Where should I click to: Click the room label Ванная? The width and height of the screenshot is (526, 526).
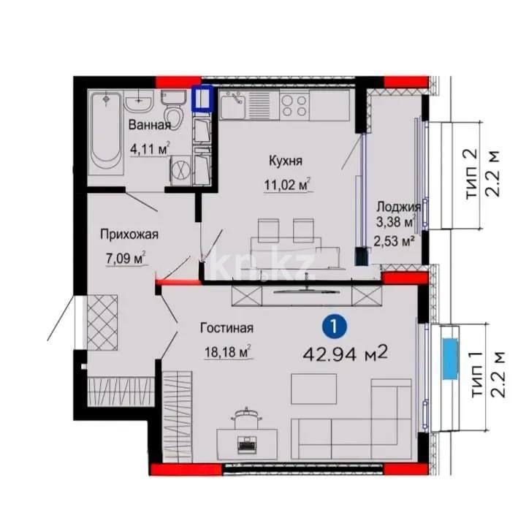pyautogui.click(x=150, y=126)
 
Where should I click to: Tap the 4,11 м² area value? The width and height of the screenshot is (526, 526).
pyautogui.click(x=150, y=149)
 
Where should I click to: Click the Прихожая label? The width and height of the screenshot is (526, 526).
pyautogui.click(x=129, y=235)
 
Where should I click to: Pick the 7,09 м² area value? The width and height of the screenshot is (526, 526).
pyautogui.click(x=126, y=257)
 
